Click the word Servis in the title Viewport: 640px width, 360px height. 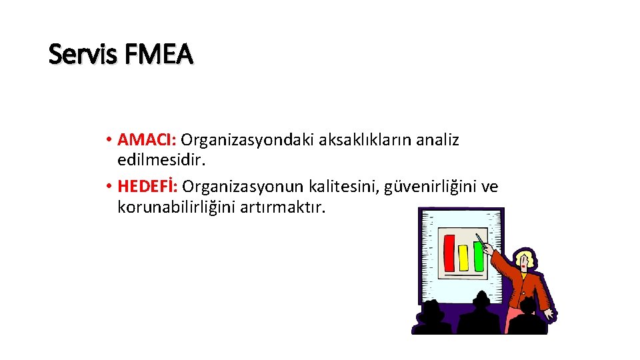[x=77, y=54]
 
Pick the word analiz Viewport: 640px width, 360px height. [x=437, y=140]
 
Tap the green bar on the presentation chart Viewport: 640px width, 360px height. [x=477, y=256]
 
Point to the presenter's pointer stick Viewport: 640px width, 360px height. [x=483, y=241]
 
